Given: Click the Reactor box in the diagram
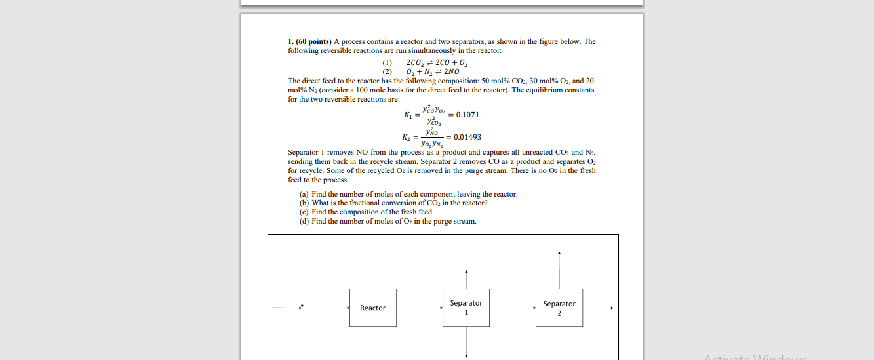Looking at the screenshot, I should point(372,308).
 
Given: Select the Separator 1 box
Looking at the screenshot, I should point(466,308).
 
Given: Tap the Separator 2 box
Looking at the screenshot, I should point(559,308).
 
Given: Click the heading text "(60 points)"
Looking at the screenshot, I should point(314,41).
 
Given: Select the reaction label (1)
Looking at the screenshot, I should point(387,62).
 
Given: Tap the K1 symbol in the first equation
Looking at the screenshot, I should point(408,115).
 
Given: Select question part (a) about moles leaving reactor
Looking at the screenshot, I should point(408,194).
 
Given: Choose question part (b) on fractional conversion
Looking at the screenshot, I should point(393,203).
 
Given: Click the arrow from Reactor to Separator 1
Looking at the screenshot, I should point(420,308).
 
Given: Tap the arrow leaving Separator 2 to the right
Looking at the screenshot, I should point(599,308).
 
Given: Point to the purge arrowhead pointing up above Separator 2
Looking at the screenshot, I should point(559,252).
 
